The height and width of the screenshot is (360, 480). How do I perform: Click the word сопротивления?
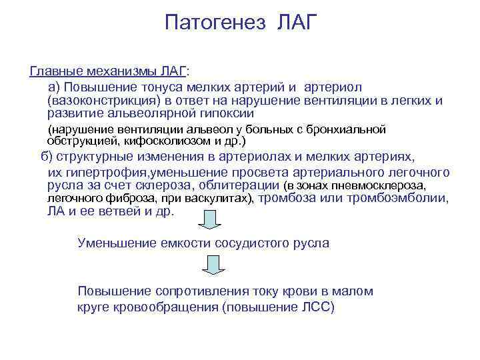[x=201, y=291]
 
